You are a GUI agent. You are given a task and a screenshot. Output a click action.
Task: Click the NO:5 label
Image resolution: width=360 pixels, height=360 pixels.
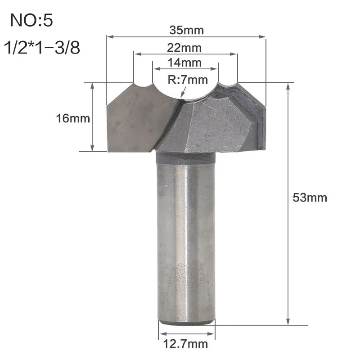pos(31,20)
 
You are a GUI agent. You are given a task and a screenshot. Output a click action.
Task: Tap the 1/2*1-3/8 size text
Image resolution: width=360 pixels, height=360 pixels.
pos(42,48)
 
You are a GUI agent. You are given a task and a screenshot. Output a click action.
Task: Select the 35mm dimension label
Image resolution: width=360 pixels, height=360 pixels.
pos(186,30)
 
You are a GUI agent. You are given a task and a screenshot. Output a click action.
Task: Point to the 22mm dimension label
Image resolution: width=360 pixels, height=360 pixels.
pos(184,48)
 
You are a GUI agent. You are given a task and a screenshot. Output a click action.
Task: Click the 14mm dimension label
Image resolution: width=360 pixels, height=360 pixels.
pos(184,63)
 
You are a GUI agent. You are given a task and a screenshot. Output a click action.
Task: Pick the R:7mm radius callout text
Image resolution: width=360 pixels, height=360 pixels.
pos(188,80)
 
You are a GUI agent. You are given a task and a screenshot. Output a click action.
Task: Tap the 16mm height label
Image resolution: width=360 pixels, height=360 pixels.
pos(73,118)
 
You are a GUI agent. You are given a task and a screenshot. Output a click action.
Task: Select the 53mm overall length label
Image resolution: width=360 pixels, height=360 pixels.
pos(310,198)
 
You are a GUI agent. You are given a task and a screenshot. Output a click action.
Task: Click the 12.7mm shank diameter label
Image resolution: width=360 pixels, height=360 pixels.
pos(185,344)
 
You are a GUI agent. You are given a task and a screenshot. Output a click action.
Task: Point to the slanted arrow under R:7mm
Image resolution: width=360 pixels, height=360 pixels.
pos(184,92)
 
